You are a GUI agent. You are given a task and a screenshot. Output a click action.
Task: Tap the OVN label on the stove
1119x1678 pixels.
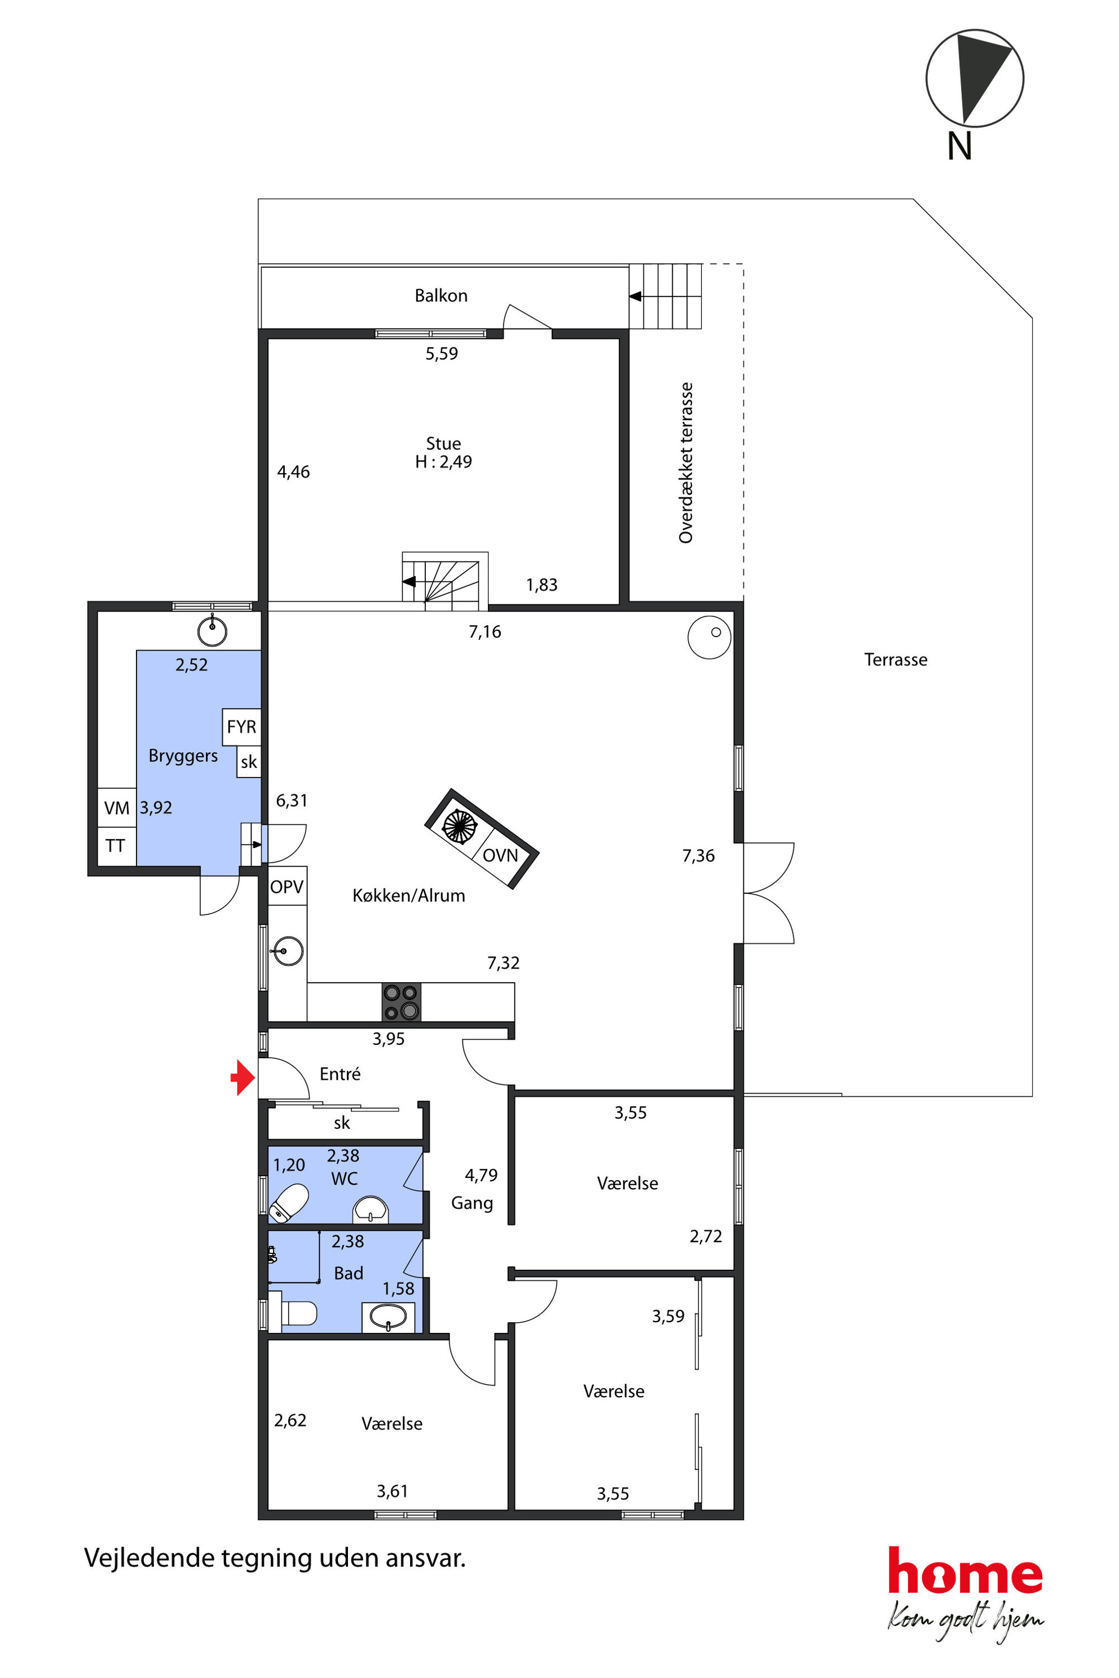(x=500, y=855)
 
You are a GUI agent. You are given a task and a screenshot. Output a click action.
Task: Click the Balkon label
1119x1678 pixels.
(x=441, y=295)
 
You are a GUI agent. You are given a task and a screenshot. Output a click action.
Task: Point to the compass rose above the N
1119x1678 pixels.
(x=975, y=78)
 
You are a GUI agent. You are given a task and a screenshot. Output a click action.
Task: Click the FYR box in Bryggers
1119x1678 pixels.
(x=241, y=726)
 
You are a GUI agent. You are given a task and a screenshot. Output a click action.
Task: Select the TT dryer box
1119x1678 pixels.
(x=116, y=846)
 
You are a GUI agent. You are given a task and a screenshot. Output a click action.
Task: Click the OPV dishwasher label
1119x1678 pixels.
(x=287, y=886)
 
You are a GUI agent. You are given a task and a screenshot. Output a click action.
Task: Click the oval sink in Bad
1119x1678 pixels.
(x=388, y=1315)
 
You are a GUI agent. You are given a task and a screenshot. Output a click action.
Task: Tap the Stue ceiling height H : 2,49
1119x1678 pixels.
(x=443, y=462)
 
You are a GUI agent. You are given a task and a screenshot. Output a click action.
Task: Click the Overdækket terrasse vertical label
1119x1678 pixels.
(x=686, y=462)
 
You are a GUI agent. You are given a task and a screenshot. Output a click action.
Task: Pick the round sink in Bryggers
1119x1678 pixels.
(x=212, y=631)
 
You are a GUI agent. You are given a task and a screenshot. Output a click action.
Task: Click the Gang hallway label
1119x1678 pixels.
(x=472, y=1204)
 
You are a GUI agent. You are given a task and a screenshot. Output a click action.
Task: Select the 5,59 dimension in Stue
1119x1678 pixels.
(x=442, y=353)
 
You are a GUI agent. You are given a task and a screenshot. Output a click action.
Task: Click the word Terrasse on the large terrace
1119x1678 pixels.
(x=896, y=659)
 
